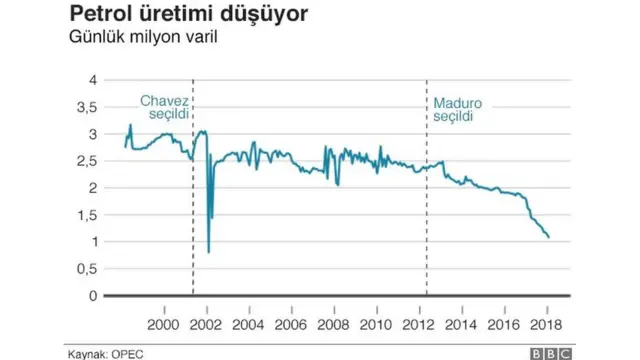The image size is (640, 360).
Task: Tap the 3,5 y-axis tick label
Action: click(x=88, y=106)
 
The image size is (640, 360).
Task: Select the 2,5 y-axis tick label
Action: click(x=88, y=160)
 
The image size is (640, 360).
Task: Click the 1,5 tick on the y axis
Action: click(x=88, y=214)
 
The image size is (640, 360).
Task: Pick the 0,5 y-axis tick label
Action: click(x=88, y=268)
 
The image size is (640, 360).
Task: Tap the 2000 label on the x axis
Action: click(x=164, y=324)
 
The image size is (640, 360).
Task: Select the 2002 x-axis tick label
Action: click(x=206, y=324)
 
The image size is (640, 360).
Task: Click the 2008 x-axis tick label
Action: click(x=333, y=324)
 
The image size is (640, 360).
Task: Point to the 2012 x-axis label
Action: click(x=418, y=324)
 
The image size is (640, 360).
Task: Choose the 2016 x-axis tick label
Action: click(x=503, y=324)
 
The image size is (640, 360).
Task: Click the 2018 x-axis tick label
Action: click(x=545, y=324)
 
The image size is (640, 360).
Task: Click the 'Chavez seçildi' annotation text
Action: click(x=163, y=109)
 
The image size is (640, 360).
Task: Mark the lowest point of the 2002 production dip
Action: click(x=208, y=252)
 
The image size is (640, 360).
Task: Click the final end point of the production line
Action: click(x=549, y=237)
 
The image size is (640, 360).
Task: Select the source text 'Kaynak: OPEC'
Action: click(x=103, y=353)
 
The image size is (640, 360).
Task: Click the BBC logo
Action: click(x=549, y=353)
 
